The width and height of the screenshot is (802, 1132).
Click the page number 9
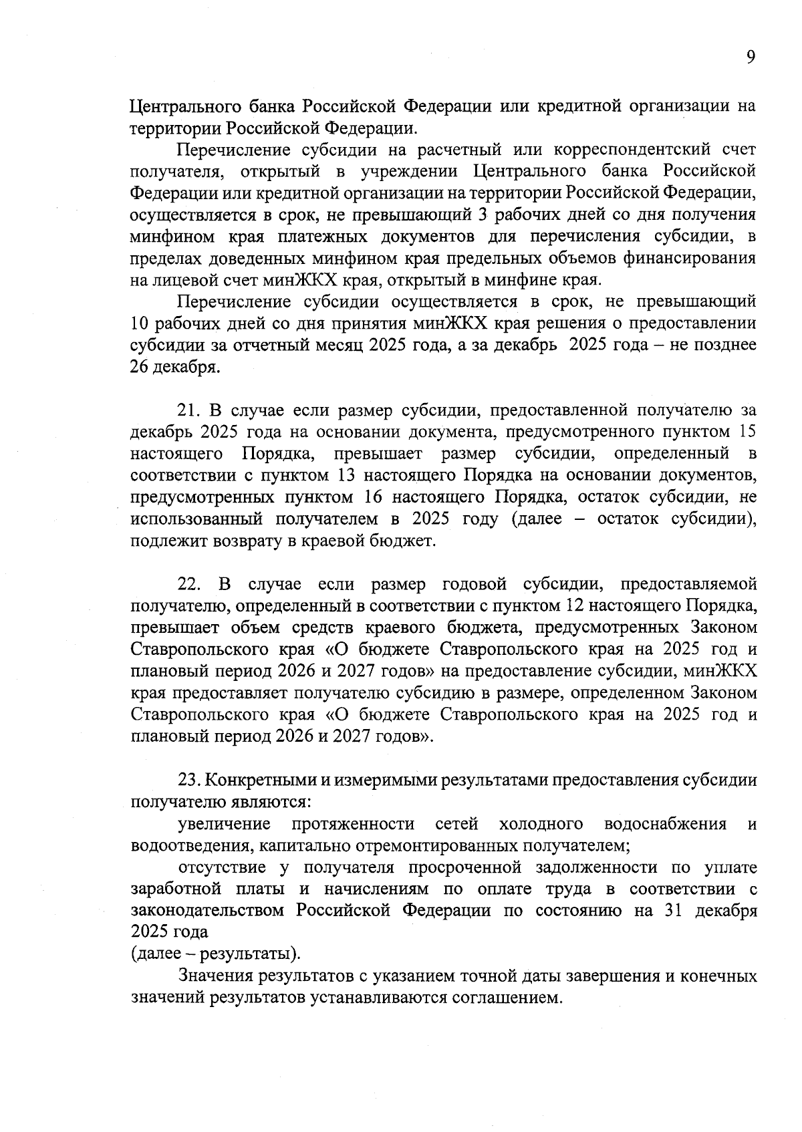tap(751, 57)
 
